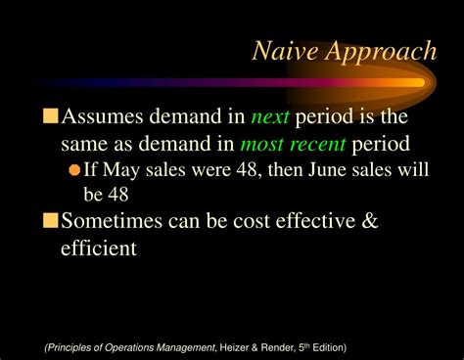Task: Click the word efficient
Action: (x=98, y=249)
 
